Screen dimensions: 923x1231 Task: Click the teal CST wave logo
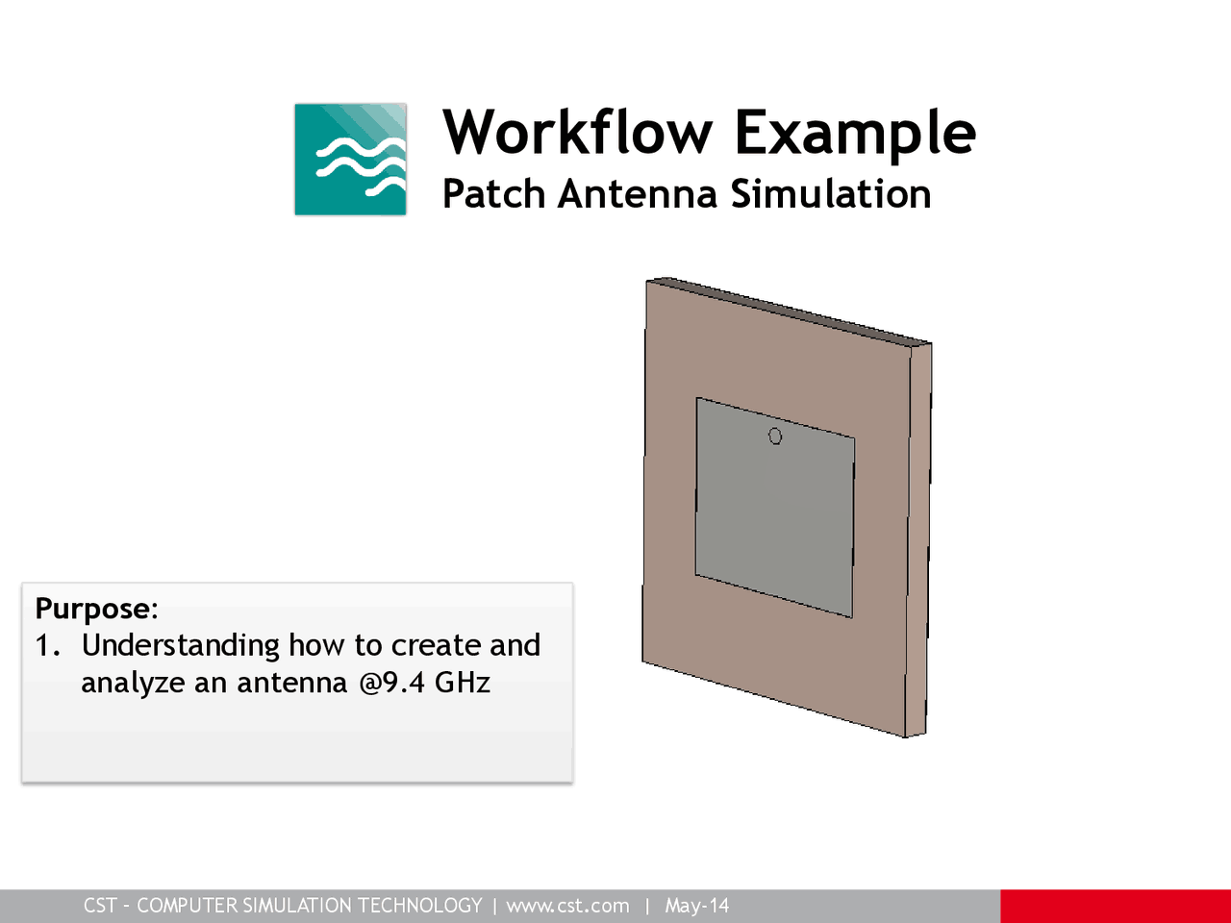350,159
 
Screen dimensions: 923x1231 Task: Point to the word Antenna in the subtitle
637,194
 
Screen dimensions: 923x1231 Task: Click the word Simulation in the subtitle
830,194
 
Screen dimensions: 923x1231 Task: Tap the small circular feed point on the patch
775,437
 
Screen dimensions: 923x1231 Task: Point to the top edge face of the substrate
789,310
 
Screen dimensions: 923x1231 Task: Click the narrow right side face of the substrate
918,538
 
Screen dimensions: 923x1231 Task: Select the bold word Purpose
92,609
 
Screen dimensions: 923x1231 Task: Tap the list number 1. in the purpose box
48,645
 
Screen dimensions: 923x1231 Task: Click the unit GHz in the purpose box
463,683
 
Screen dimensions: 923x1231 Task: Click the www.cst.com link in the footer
567,906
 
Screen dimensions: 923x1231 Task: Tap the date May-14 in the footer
697,906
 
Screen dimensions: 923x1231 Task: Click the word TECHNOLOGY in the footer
419,906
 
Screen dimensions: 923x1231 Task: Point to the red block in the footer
1116,906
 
